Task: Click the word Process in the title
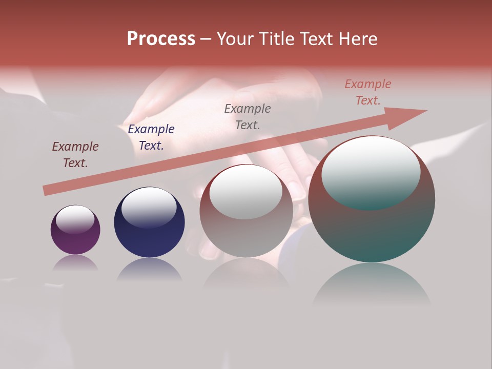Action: click(x=161, y=39)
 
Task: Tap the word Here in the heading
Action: click(x=358, y=39)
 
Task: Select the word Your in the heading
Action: click(x=236, y=39)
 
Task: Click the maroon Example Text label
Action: click(x=75, y=155)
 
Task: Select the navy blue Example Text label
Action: click(x=151, y=137)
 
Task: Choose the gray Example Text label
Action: click(x=248, y=116)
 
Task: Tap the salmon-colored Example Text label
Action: click(x=367, y=92)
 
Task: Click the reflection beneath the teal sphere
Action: click(x=372, y=284)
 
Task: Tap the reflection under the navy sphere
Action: click(x=149, y=270)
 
